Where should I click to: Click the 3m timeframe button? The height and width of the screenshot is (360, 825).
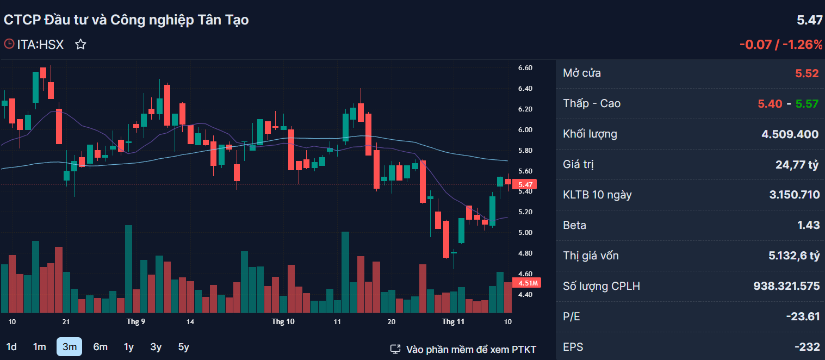coord(69,347)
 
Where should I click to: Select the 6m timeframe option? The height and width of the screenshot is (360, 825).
coord(100,347)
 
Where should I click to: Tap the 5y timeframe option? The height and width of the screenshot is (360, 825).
coord(183,347)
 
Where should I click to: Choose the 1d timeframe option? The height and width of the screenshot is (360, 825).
coord(11,347)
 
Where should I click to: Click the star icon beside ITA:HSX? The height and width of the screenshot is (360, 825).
coord(80,45)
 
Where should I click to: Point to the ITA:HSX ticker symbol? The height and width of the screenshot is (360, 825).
coord(40,45)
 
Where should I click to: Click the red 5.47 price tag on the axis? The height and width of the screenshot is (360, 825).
coord(525,184)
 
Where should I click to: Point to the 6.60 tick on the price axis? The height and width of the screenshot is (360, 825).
coord(525,68)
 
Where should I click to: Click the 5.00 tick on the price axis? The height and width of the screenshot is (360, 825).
coord(525,232)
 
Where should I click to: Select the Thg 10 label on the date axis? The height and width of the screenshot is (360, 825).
coord(283,321)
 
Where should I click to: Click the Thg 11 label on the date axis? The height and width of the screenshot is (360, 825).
coord(453,321)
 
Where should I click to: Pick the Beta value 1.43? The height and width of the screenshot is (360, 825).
coord(809,225)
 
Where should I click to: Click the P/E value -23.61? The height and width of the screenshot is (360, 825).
coord(803,316)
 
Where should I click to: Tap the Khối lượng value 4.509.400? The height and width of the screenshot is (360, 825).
coord(790,134)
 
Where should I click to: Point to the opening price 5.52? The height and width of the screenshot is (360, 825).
coord(807,73)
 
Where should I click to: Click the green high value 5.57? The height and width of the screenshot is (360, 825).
coord(807,104)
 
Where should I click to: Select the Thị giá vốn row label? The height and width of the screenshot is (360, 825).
coord(591,256)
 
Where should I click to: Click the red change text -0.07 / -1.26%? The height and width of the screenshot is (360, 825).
coord(781,45)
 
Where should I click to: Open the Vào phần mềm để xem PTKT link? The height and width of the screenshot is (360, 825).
coord(463,349)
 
